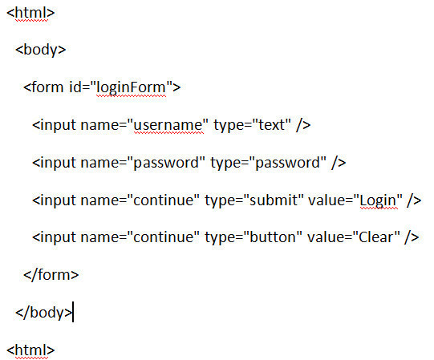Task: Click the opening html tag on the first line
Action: coord(30,13)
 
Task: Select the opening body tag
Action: coord(41,50)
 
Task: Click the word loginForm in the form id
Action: coord(131,87)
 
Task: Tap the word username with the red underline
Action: coord(168,125)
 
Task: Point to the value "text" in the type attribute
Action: coord(271,125)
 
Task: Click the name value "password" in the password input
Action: coord(166,163)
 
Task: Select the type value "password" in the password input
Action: coord(287,163)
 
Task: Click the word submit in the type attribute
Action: coord(274,200)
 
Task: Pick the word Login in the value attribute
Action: coord(378,201)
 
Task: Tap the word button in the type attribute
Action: coord(273,237)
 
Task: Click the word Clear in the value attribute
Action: coord(375,237)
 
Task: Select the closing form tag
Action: coord(51,275)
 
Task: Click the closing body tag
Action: coord(43,313)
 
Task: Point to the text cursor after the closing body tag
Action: coord(73,312)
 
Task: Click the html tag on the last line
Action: coord(30,350)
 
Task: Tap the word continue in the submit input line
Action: coord(164,200)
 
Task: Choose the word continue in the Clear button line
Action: coord(164,237)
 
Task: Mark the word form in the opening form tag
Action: coord(47,87)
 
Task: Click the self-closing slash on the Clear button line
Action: coord(408,237)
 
